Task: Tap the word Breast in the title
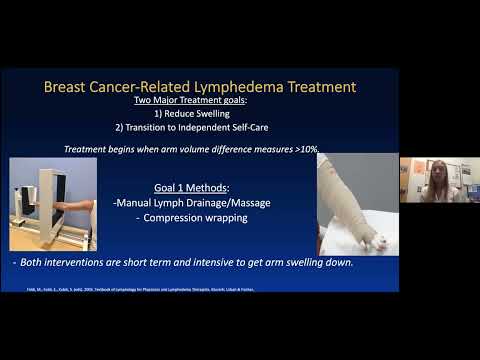click(x=71, y=87)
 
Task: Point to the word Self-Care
click(x=260, y=130)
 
